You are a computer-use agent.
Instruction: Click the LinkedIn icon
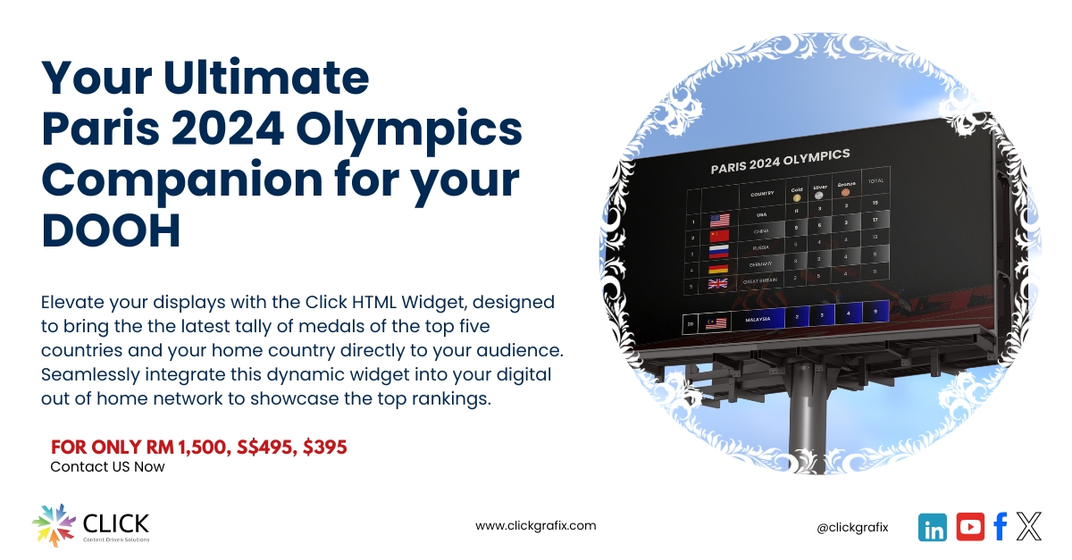point(932,527)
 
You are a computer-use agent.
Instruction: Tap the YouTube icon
point(970,527)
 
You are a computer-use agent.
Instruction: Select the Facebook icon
point(1000,527)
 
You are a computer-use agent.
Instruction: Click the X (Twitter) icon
point(1029,527)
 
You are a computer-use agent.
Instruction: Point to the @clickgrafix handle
point(852,527)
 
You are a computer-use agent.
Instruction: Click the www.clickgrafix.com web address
point(535,525)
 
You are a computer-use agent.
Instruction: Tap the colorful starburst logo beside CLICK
point(53,525)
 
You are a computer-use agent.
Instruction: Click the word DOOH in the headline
point(112,230)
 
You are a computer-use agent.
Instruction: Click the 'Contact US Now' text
point(107,466)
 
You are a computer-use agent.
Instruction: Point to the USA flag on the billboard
point(719,220)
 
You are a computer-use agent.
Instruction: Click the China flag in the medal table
point(719,236)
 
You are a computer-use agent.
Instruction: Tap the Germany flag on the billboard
point(719,268)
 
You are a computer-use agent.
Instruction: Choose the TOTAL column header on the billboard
point(875,181)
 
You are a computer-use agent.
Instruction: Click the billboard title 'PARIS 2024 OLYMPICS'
point(779,161)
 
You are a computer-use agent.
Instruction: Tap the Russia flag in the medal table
point(719,252)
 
